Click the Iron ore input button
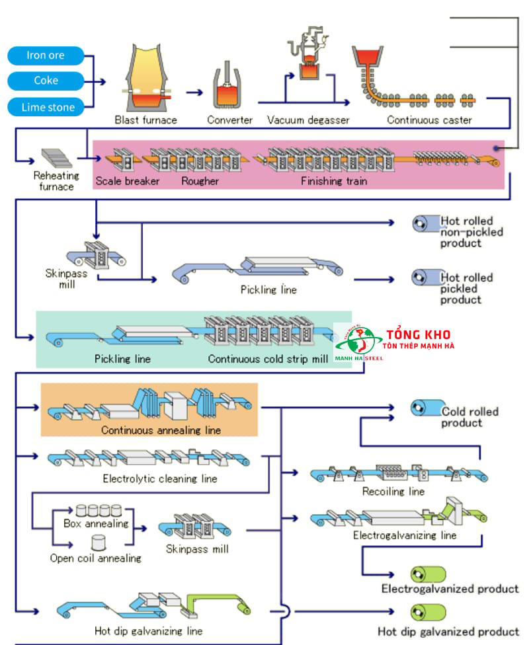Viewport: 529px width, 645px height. [46, 56]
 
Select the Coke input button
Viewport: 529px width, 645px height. [46, 81]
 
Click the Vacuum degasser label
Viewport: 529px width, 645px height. [308, 120]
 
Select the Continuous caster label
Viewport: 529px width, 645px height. [429, 120]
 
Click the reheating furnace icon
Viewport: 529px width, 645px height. [56, 158]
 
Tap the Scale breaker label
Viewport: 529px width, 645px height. [127, 181]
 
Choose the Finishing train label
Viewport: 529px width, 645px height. [333, 181]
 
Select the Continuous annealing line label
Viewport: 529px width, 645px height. [161, 430]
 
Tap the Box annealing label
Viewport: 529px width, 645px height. [96, 523]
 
